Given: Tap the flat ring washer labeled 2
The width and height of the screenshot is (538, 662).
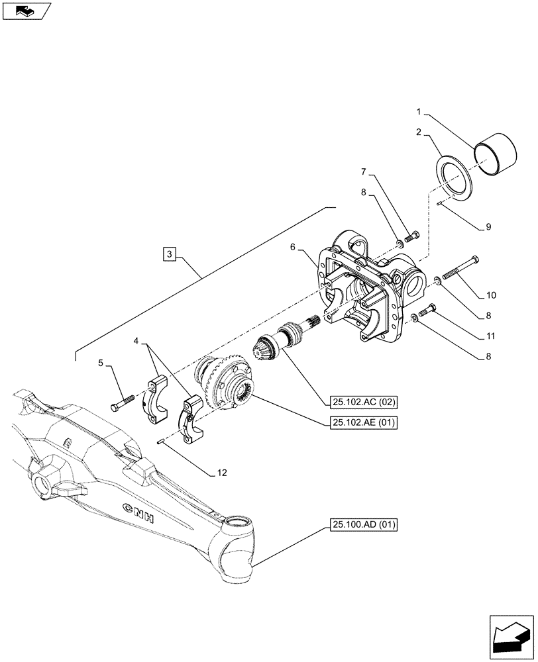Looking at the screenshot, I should [x=455, y=178].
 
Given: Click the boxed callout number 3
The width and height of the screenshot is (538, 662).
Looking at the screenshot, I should [x=170, y=254].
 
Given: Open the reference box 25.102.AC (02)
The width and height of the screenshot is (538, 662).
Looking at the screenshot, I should [x=360, y=401].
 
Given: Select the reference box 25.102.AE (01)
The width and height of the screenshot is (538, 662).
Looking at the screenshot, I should [x=360, y=422].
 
